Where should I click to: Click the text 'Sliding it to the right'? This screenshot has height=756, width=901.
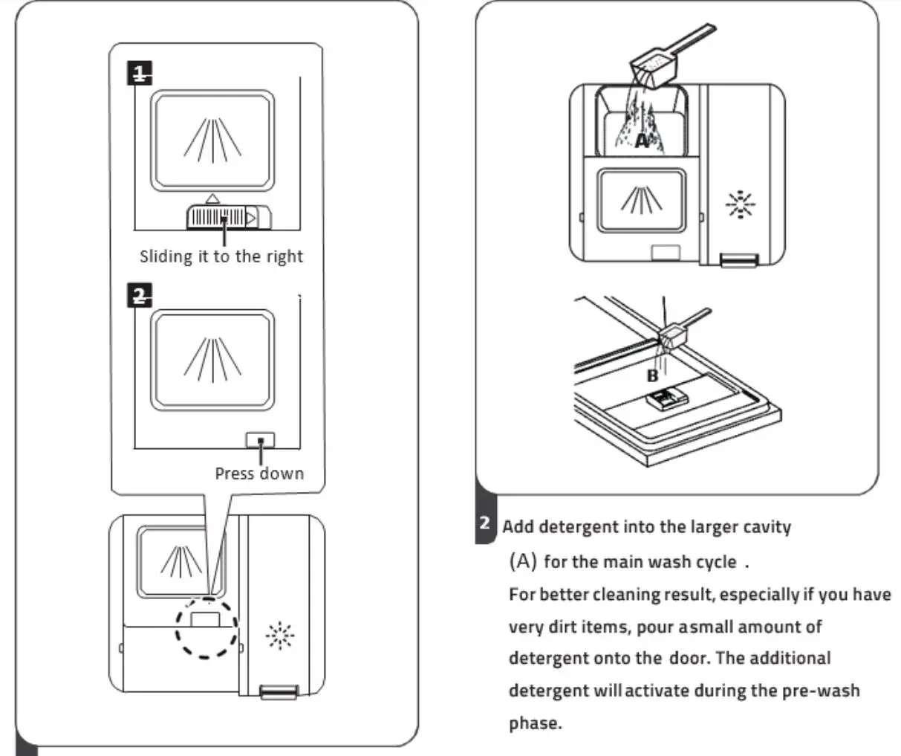221,256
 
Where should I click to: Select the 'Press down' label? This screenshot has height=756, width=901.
259,474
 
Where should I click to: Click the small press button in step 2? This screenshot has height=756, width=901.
260,440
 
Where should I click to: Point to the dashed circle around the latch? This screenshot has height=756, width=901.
206,627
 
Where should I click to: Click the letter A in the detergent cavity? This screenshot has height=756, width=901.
641,140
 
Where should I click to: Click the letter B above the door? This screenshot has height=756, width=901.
652,376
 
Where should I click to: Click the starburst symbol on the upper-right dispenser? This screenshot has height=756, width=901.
740,204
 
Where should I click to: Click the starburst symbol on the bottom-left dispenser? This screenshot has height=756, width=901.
280,636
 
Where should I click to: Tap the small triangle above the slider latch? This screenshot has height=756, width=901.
212,198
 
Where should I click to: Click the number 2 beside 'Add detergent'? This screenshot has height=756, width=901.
484,523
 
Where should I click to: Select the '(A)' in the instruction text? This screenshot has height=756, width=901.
522,560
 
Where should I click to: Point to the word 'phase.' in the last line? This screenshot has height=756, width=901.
535,723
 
